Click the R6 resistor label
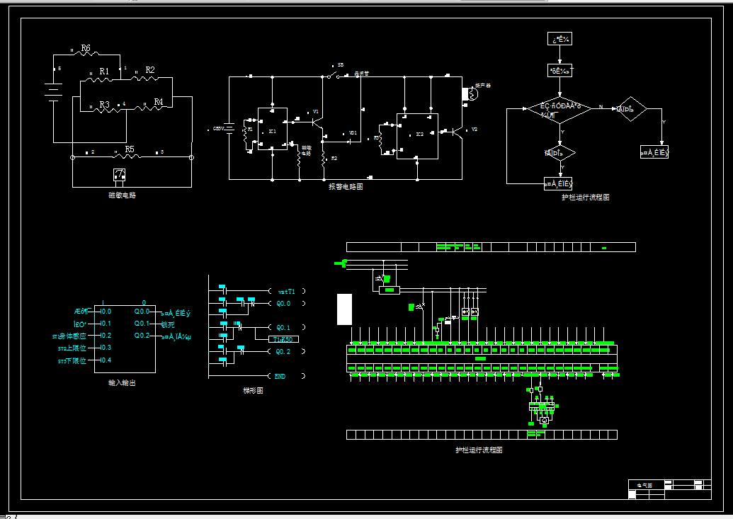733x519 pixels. tap(86, 48)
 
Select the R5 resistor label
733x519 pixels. tap(129, 149)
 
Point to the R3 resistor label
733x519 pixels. tap(104, 104)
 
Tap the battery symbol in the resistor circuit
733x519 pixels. tap(53, 93)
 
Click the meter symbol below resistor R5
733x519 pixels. tap(120, 174)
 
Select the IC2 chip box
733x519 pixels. tap(417, 136)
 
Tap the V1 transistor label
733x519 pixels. tap(316, 112)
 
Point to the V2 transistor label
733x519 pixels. tap(475, 130)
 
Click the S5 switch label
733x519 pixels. tap(341, 64)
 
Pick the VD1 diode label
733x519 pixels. tap(353, 132)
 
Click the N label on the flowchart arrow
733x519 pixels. tap(601, 107)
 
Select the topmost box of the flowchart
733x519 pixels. tap(559, 39)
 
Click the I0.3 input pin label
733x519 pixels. tap(106, 348)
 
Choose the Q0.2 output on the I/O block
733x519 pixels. tap(142, 336)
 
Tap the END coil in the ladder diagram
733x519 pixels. tap(280, 377)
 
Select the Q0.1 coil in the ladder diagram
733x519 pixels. tap(283, 328)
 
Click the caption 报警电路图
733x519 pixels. tap(346, 186)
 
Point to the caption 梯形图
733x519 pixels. tap(253, 391)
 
